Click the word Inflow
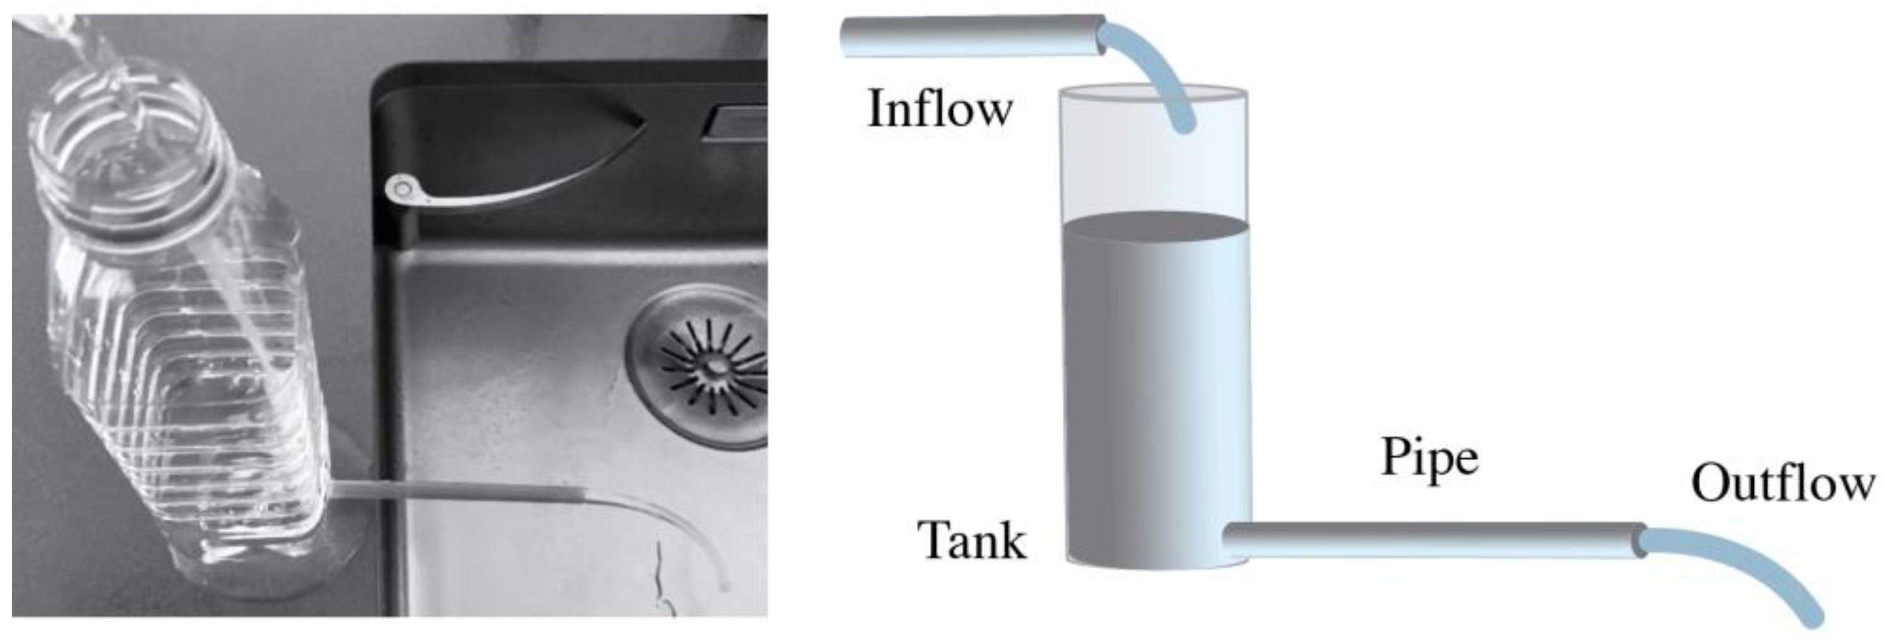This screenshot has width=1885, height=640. (940, 109)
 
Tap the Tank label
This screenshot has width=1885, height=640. (972, 540)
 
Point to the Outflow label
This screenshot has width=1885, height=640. (1783, 483)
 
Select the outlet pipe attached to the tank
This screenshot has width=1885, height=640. (1434, 540)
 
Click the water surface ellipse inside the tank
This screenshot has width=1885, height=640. (1155, 225)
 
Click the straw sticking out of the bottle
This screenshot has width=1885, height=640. (453, 490)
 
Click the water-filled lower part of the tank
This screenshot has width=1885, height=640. (1155, 395)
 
